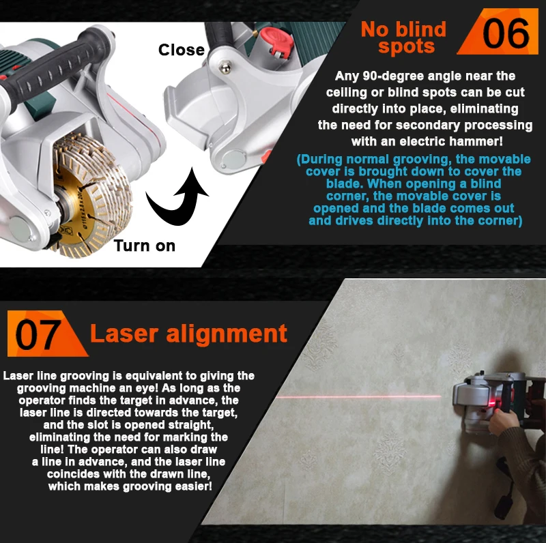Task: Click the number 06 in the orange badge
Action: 506,33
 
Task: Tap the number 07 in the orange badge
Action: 38,335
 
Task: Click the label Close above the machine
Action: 182,50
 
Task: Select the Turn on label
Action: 145,246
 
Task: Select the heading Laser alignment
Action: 189,334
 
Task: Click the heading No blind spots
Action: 404,38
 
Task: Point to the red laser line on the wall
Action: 359,396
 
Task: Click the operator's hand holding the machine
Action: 503,422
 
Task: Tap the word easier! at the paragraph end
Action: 194,486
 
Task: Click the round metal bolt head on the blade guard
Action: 225,67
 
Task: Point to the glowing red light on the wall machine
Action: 491,403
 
